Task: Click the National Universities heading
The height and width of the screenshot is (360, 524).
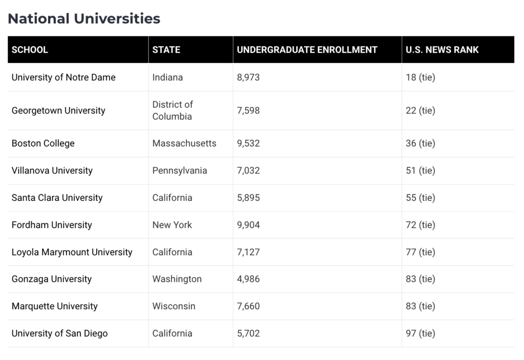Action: point(84,19)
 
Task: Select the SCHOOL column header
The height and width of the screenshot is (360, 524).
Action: point(30,50)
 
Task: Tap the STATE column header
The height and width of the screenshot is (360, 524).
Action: point(166,50)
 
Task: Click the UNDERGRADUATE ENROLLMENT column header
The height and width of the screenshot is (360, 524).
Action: point(307,50)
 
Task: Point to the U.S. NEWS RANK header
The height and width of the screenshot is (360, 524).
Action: point(442,50)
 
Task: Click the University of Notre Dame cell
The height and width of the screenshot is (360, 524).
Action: point(63,77)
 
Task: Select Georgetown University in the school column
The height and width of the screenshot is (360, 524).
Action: point(58,110)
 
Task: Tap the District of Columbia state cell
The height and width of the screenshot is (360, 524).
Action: point(172,110)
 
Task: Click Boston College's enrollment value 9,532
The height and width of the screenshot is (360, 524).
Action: point(248,143)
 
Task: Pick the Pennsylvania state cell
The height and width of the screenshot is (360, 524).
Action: point(180,171)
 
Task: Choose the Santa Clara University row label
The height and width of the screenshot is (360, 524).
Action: point(57,198)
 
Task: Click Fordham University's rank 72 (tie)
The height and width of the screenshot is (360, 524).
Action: point(421,225)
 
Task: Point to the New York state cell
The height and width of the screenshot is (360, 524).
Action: point(172,225)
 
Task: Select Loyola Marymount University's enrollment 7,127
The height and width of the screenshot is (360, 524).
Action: point(248,252)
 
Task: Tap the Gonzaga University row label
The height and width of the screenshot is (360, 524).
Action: point(52,279)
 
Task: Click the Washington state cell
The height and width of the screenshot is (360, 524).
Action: point(177,279)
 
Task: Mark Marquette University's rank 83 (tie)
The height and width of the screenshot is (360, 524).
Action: point(421,306)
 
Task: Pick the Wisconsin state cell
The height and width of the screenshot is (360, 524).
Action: point(174,306)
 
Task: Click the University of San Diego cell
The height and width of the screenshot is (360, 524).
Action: point(59,333)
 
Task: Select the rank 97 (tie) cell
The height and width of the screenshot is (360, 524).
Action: point(421,333)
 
